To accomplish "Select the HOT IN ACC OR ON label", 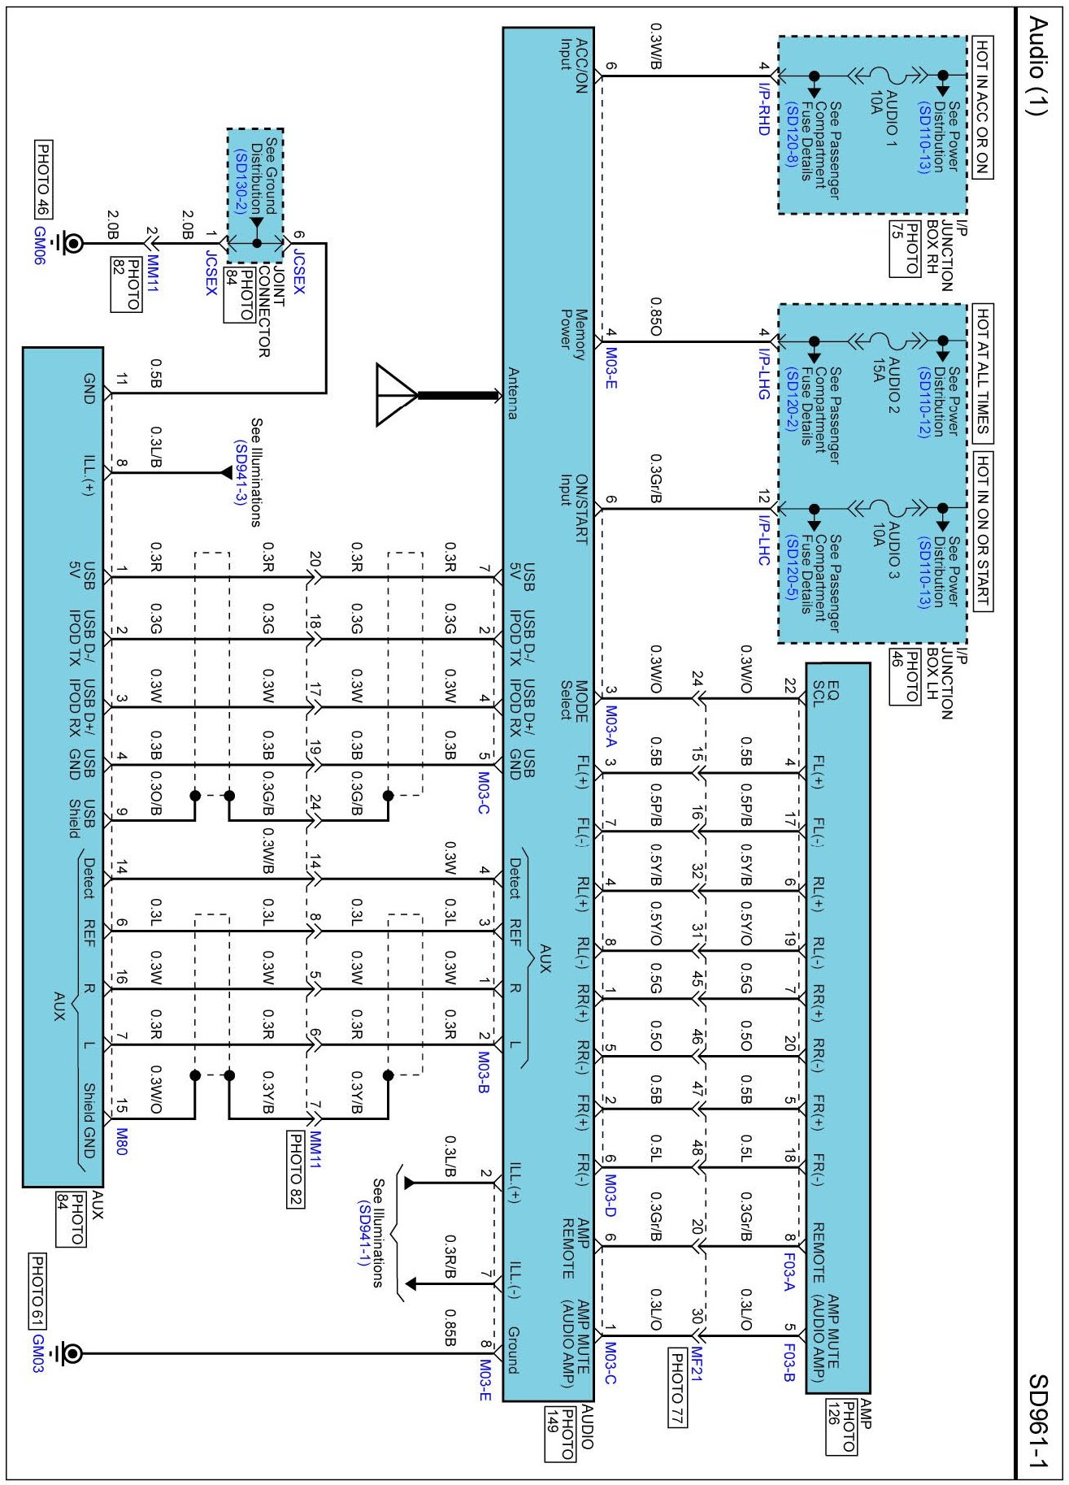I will point(982,107).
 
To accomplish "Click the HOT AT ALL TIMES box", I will point(982,372).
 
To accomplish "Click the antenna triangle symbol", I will point(396,395).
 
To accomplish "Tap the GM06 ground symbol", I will point(72,243).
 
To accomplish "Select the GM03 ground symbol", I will point(71,1353).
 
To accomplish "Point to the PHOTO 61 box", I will point(37,1290).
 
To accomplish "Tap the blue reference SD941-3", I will point(240,472).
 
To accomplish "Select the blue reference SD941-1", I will point(363,1232).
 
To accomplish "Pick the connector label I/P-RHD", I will point(763,107).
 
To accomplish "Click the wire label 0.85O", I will point(655,316).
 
